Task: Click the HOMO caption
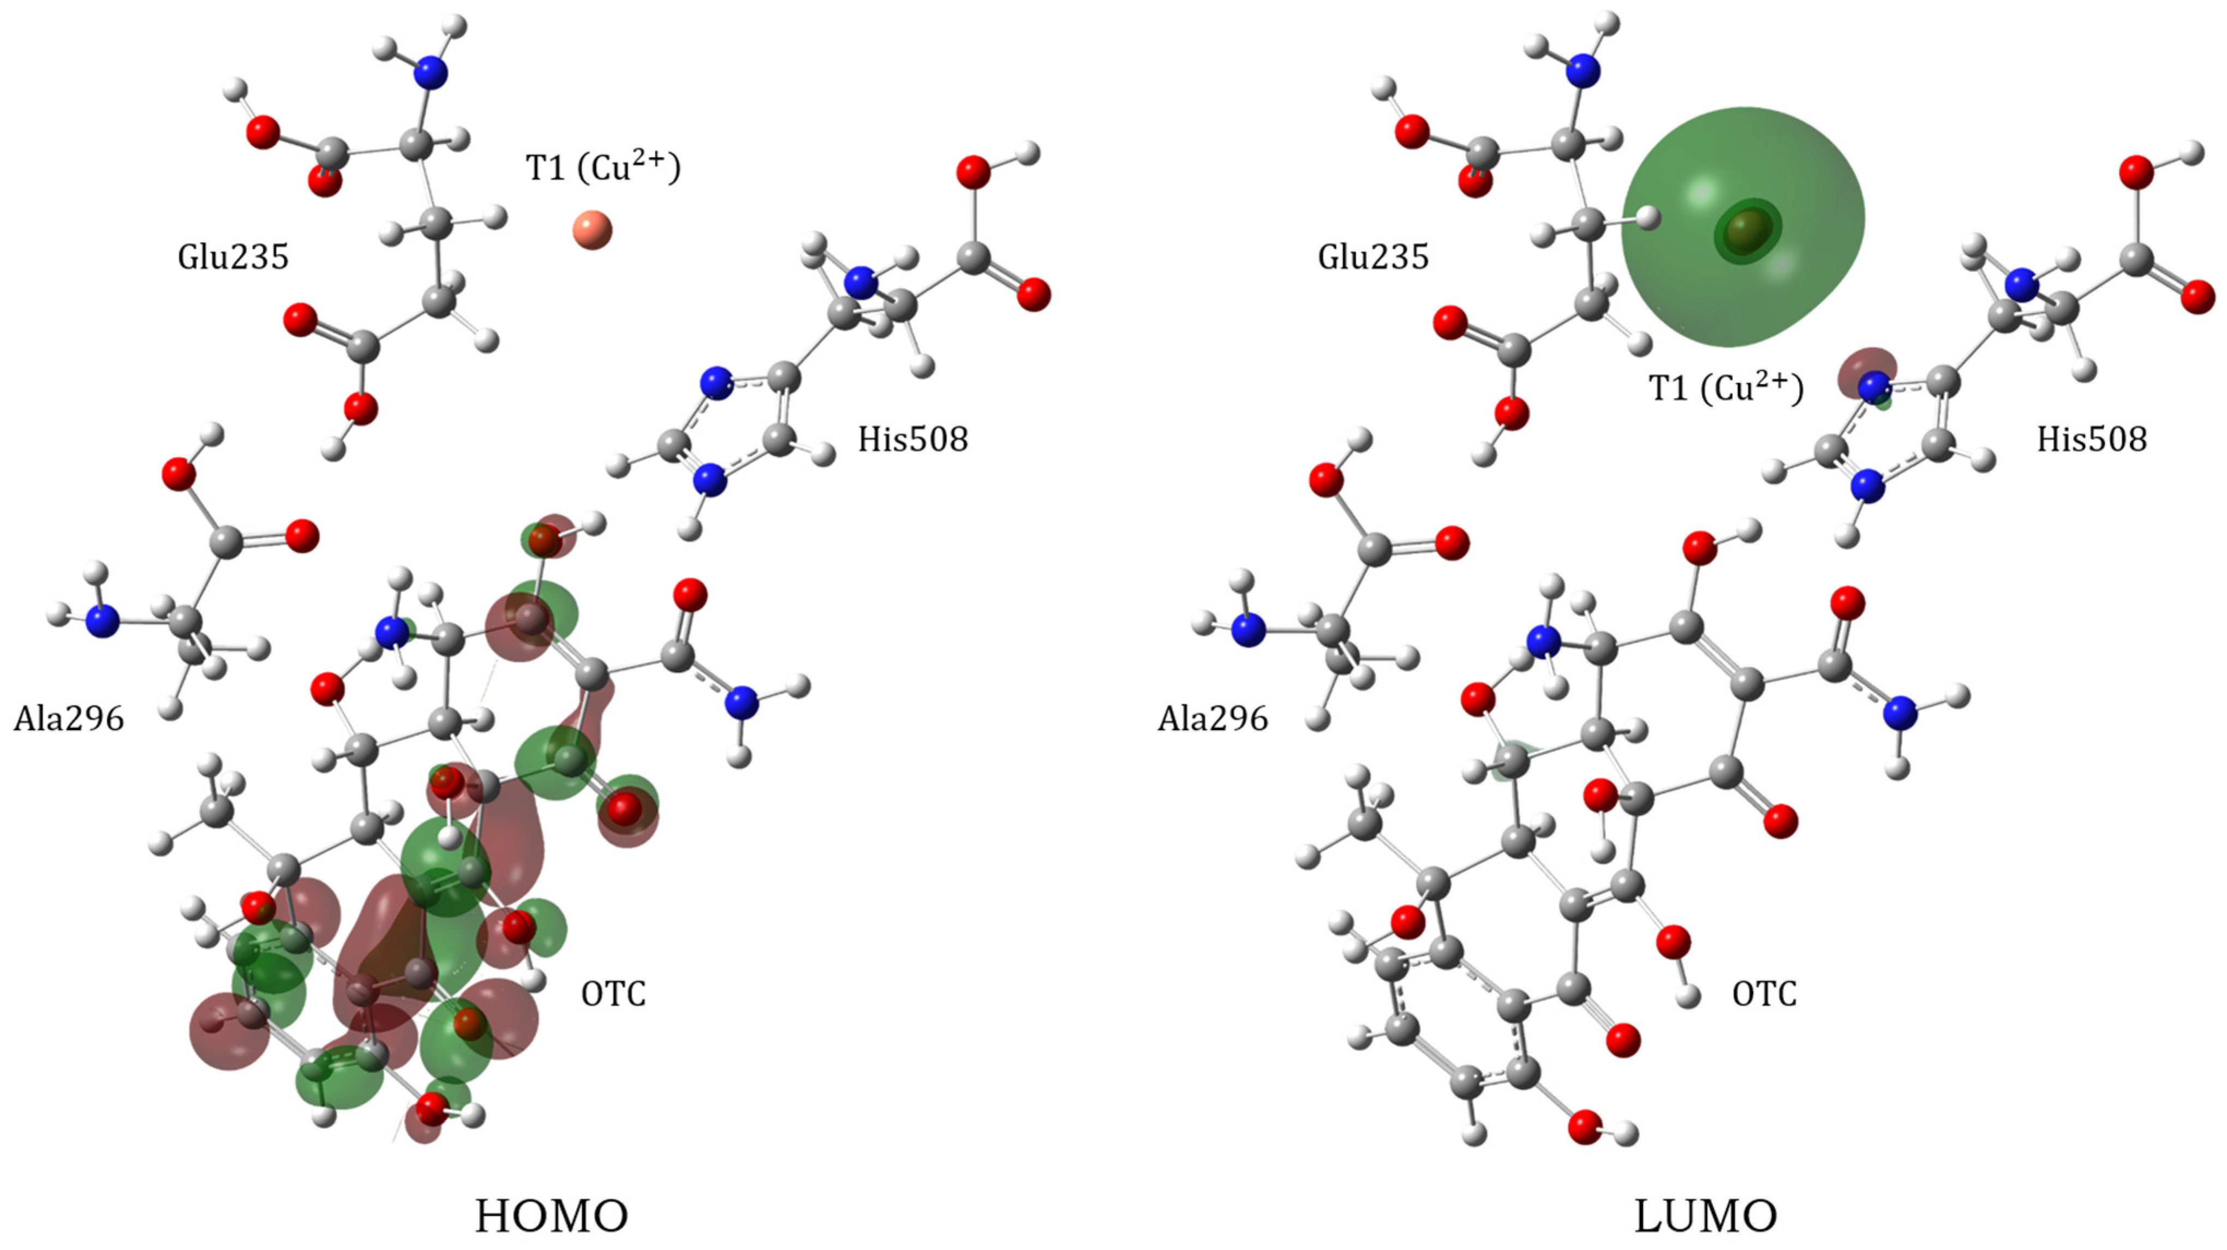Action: (x=552, y=1216)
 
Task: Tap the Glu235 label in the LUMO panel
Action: (x=1373, y=257)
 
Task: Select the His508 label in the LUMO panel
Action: (x=2091, y=439)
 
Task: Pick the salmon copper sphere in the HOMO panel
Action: (x=592, y=230)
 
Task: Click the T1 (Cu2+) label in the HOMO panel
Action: (x=602, y=167)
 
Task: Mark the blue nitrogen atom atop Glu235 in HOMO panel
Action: (x=432, y=74)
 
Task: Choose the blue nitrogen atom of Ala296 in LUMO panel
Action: (x=1247, y=630)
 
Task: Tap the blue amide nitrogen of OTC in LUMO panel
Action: (x=1900, y=713)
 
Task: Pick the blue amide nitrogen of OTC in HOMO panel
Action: (x=741, y=704)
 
